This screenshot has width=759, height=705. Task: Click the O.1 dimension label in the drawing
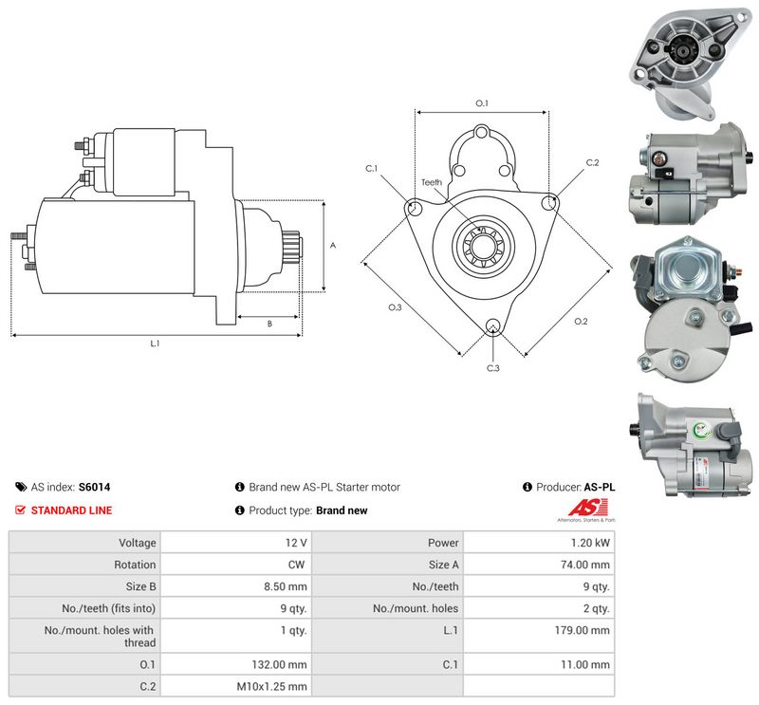tap(482, 103)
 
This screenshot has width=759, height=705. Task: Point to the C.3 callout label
tap(492, 368)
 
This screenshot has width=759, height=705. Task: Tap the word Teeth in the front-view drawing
tap(432, 182)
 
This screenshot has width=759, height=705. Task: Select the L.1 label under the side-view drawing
tap(155, 343)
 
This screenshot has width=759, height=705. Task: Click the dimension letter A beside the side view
tap(333, 246)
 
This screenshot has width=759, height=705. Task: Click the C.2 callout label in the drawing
tap(592, 162)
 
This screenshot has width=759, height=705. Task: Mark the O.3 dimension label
tap(395, 307)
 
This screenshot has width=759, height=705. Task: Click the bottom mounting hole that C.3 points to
tap(493, 325)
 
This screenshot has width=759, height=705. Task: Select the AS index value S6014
tap(94, 487)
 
